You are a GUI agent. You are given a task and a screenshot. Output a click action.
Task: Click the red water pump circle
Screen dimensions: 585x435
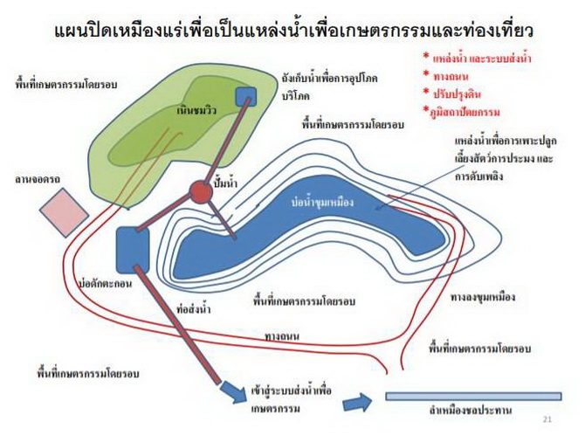pos(201,192)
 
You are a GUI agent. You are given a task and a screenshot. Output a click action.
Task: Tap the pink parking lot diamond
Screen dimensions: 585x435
pos(65,213)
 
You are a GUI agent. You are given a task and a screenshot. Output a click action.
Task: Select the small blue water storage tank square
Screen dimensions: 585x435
pos(246,97)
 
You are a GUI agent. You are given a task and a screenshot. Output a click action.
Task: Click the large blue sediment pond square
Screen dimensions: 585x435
pos(133,250)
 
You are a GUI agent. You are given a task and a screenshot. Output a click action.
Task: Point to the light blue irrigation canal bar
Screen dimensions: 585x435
pos(473,397)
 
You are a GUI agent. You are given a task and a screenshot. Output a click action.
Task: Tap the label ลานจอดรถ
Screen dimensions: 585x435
pos(38,180)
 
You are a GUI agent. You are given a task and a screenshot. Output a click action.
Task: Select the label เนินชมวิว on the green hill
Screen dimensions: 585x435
pos(196,111)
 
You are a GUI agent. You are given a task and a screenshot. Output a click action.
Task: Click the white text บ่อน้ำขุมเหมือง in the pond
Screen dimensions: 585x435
pos(322,203)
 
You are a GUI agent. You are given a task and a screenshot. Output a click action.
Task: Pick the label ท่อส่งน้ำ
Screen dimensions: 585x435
pos(193,309)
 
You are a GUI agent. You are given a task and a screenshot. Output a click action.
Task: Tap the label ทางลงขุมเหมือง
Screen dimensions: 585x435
pos(483,297)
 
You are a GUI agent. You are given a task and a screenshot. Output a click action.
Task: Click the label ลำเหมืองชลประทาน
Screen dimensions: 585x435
pos(471,411)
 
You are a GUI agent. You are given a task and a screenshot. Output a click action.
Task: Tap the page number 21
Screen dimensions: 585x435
pos(547,419)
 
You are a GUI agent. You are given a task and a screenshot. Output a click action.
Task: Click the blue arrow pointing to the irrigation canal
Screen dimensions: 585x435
pos(357,403)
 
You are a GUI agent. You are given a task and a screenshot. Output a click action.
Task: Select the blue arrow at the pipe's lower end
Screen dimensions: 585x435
pos(234,391)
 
